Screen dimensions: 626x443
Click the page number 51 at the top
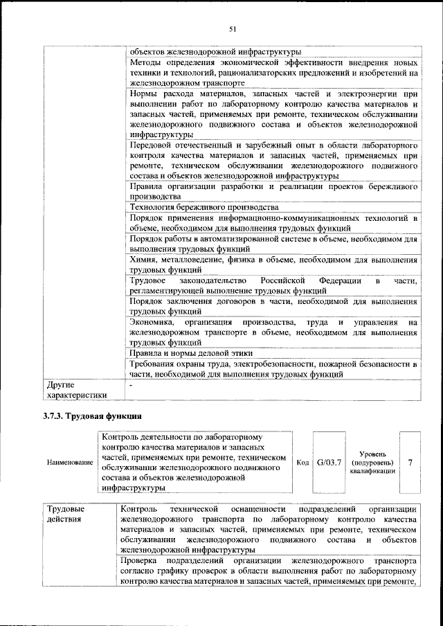[x=233, y=28]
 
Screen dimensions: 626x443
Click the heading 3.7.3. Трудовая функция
[x=89, y=416]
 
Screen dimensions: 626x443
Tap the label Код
[x=302, y=462]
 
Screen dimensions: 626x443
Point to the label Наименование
[x=69, y=462]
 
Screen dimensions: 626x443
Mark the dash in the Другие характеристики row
[x=131, y=383]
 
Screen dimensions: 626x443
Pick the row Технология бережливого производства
[x=204, y=207]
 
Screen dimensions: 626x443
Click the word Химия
[x=145, y=259]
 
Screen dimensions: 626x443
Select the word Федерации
[x=347, y=280]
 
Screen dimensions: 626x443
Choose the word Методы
[x=147, y=62]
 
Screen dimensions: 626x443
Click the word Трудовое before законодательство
[x=150, y=280]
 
